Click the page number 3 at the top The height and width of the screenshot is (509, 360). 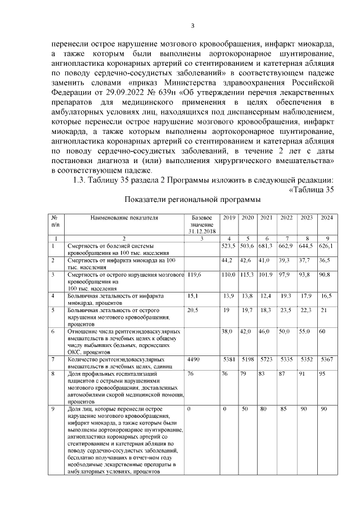(x=193, y=25)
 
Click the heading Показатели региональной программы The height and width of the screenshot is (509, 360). (x=192, y=200)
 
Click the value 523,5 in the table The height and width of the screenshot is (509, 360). (x=228, y=246)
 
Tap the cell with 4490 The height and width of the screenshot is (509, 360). (x=193, y=358)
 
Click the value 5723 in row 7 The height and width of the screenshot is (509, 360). (x=265, y=358)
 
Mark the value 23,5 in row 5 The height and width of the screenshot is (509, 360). (x=286, y=310)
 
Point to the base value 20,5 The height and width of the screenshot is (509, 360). (x=193, y=310)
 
